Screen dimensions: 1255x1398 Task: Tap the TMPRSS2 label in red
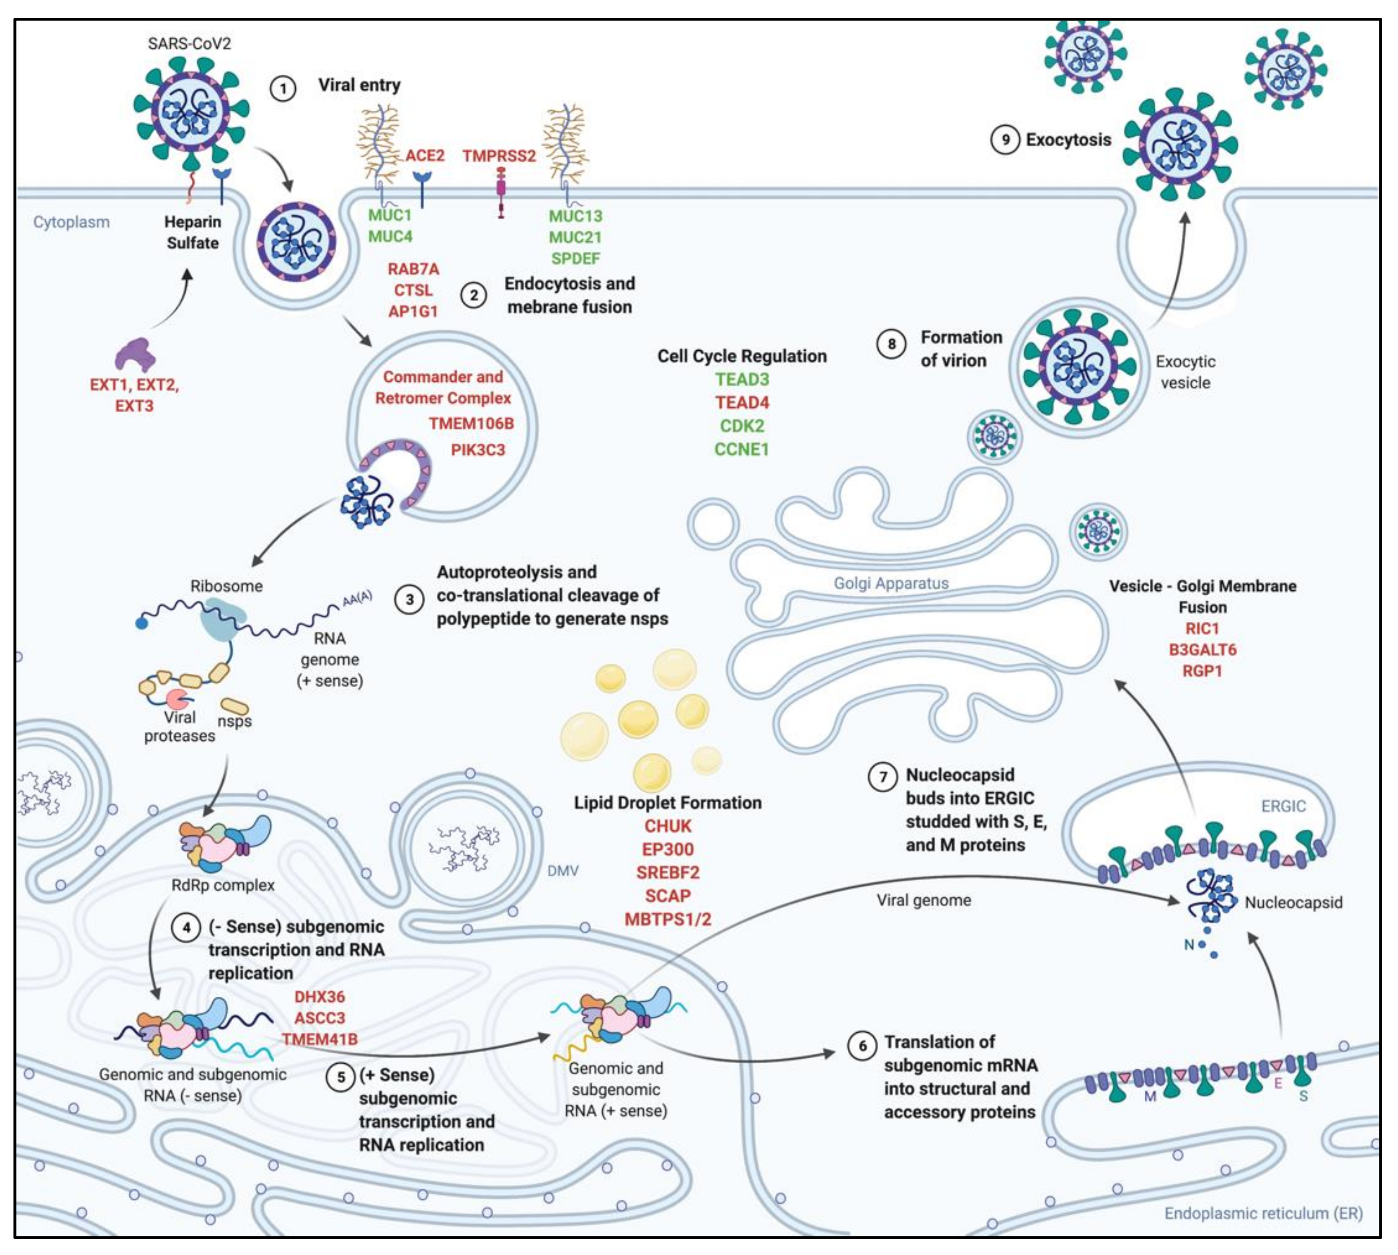pyautogui.click(x=499, y=156)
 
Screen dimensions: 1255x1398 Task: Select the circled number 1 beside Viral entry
pyautogui.click(x=283, y=88)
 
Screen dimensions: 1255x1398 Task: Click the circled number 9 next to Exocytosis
pyautogui.click(x=1005, y=140)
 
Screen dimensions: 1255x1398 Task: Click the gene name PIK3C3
pyautogui.click(x=478, y=450)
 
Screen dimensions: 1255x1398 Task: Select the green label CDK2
pyautogui.click(x=742, y=425)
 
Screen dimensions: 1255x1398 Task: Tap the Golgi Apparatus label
pyautogui.click(x=891, y=584)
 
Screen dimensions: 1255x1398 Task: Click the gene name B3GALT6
pyautogui.click(x=1202, y=650)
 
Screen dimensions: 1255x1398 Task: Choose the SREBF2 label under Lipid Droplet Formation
pyautogui.click(x=668, y=872)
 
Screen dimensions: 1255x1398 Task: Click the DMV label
pyautogui.click(x=563, y=871)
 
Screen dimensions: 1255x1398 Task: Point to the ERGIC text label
pyautogui.click(x=1283, y=806)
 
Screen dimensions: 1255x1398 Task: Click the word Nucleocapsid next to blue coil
pyautogui.click(x=1293, y=902)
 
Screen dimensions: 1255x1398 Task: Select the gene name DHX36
pyautogui.click(x=319, y=996)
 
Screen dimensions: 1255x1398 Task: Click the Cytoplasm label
pyautogui.click(x=71, y=222)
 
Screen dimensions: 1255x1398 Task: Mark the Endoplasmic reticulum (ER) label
pyautogui.click(x=1264, y=1213)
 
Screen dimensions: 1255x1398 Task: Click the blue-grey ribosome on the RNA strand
pyautogui.click(x=222, y=617)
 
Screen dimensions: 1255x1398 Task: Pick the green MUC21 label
pyautogui.click(x=575, y=237)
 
